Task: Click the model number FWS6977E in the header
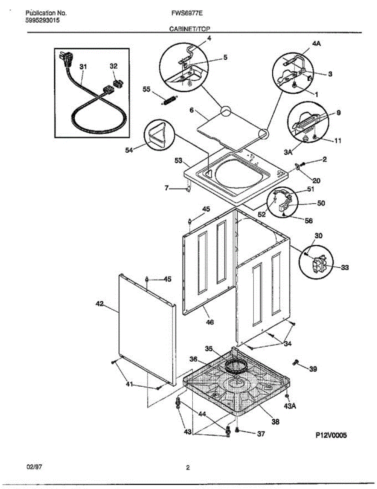pos(187,13)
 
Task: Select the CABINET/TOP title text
pos(187,29)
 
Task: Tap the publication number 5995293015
pos(41,20)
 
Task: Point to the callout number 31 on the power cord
pos(83,66)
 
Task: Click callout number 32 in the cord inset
pos(113,66)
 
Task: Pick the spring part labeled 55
pos(168,99)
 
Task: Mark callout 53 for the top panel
pos(179,161)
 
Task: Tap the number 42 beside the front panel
pos(100,304)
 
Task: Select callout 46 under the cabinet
pos(209,322)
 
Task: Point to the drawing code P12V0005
pos(331,435)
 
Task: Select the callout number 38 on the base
pos(275,422)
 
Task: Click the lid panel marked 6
pos(228,130)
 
